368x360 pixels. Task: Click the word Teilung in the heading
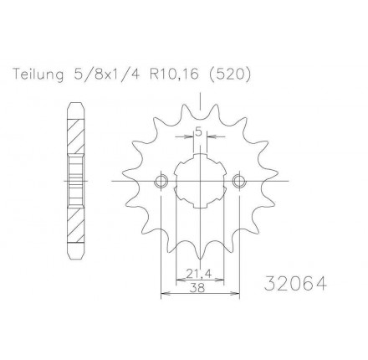coord(38,75)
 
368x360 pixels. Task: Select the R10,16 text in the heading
coord(174,75)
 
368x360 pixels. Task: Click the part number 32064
coord(295,284)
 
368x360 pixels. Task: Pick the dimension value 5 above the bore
coord(198,131)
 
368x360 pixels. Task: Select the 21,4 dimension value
coord(199,275)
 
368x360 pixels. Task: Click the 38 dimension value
coord(200,288)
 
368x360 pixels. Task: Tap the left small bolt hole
coord(161,181)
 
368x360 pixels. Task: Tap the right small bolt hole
coord(239,181)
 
